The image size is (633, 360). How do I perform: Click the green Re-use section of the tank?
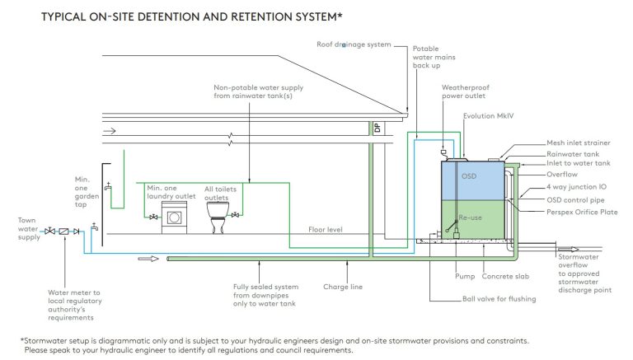tap(474, 218)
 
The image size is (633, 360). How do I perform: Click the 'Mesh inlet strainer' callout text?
tap(578, 143)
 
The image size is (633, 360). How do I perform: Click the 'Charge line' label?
tap(343, 288)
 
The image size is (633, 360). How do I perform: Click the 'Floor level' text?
tap(326, 230)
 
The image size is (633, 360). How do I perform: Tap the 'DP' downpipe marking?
tap(377, 129)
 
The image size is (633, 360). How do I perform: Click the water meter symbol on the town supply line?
tap(63, 231)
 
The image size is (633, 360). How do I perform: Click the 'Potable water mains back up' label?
tap(428, 58)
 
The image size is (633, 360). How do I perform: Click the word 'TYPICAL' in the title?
tap(66, 16)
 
